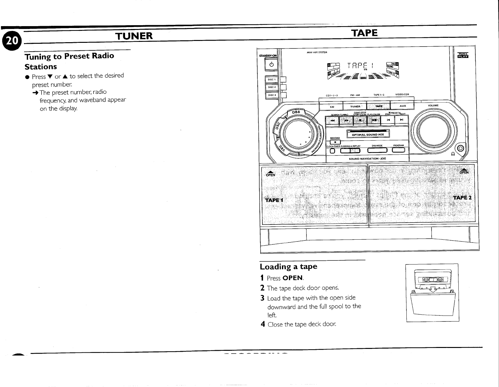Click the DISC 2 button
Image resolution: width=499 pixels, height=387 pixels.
tap(272, 87)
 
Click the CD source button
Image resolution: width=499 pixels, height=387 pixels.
tap(332, 106)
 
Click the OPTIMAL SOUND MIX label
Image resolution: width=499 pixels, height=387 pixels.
tap(368, 134)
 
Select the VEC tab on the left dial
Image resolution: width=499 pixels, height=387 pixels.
tap(280, 147)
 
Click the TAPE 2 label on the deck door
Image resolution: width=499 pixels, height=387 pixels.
tap(462, 198)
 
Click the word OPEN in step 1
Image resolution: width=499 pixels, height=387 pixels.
tap(293, 278)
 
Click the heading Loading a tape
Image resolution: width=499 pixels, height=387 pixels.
tap(288, 267)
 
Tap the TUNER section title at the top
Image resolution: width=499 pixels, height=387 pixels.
tap(134, 36)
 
